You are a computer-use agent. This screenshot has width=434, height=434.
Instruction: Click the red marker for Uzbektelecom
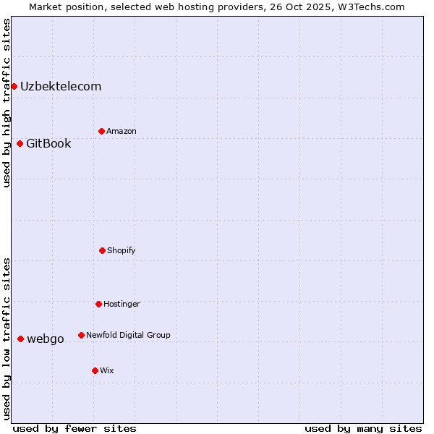tap(14, 87)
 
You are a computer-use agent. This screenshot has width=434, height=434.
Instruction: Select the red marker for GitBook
tap(20, 143)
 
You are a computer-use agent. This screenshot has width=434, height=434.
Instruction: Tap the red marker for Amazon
tap(101, 131)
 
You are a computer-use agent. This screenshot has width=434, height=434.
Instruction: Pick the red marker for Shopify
tap(102, 250)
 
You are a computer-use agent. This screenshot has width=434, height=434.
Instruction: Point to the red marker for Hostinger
tap(98, 304)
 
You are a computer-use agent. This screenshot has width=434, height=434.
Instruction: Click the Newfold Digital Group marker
tap(81, 335)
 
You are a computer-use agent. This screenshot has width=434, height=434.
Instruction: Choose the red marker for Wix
tap(95, 370)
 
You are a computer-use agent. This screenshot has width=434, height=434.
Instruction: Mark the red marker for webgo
tap(20, 339)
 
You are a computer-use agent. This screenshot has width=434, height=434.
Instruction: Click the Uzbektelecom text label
tap(61, 87)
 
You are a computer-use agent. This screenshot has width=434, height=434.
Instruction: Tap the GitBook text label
tap(48, 143)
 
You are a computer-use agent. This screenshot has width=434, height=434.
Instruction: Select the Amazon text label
tap(122, 131)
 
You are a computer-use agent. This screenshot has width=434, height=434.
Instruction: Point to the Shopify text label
tap(122, 250)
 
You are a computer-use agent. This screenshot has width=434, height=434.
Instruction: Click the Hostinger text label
tap(122, 304)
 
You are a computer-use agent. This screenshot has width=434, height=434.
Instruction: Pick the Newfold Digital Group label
tap(128, 335)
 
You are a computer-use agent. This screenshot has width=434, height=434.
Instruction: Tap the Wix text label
tap(107, 370)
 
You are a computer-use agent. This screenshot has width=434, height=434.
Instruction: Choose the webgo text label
tap(46, 339)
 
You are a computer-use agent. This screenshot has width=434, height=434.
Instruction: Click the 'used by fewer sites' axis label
tap(75, 428)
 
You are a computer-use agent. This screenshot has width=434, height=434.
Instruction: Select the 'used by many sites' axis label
tap(363, 428)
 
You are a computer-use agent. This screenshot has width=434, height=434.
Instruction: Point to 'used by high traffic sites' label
tap(7, 103)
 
